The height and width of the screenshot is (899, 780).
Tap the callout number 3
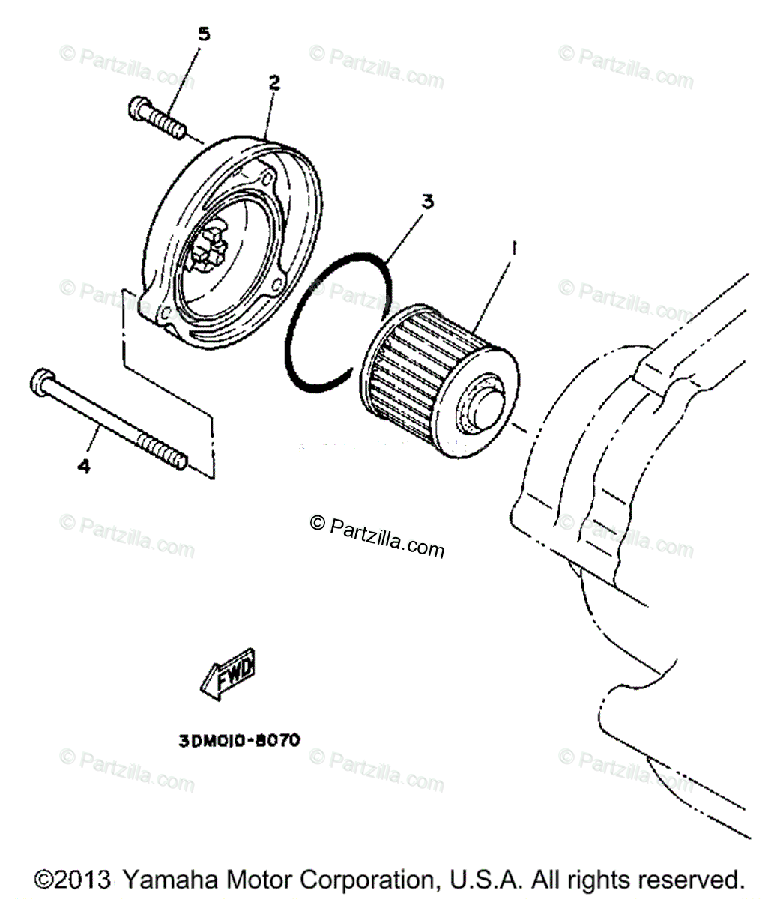tap(426, 202)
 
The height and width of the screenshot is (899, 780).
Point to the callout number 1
tap(513, 246)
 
